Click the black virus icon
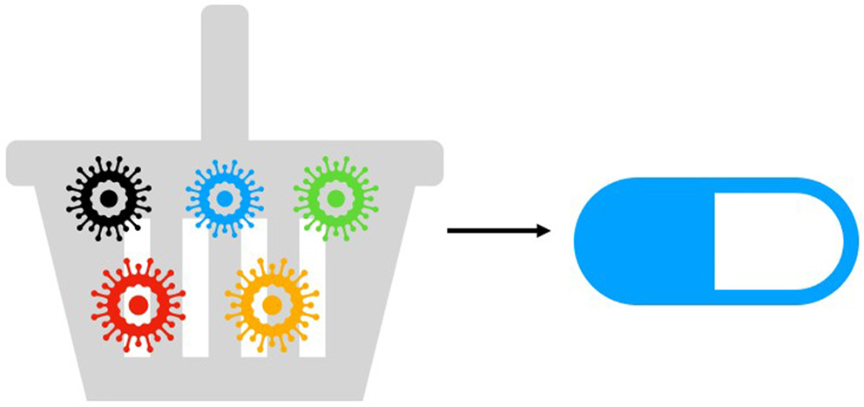coord(109,199)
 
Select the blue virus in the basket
coord(224,199)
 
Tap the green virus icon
coord(334,199)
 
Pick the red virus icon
coord(138,305)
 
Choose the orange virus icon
coord(271,305)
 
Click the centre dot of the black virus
coord(109,199)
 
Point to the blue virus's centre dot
coord(224,199)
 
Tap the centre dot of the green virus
coord(334,199)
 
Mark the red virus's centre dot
coord(138,305)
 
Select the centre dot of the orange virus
coord(271,305)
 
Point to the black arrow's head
coord(544,231)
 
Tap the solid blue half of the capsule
coord(645,241)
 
